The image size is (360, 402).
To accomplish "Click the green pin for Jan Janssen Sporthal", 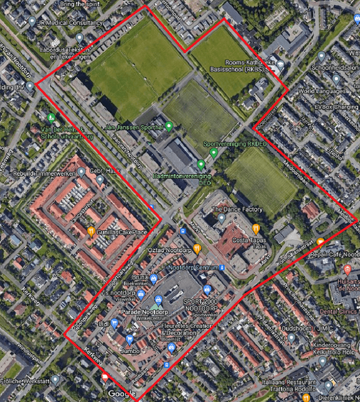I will [x=169, y=125].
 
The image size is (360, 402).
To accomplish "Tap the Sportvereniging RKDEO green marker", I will [x=213, y=152].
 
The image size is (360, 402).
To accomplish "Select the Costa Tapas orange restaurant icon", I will [x=256, y=228].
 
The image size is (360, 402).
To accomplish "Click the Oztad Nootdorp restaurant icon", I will [x=197, y=249].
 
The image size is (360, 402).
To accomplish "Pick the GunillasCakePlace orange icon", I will [x=91, y=232].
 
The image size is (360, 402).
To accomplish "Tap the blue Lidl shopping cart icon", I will [x=114, y=323].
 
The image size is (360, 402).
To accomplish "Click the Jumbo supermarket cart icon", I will [x=129, y=340].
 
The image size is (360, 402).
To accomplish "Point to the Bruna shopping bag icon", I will [x=154, y=277].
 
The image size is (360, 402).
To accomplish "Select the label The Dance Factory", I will [x=237, y=209].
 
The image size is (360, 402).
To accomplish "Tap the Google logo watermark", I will [x=122, y=394].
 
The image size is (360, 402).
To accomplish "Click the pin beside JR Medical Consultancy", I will [x=32, y=22].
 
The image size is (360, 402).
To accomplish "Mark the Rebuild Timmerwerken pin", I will [x=81, y=172].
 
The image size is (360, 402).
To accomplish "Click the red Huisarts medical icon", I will [x=347, y=268].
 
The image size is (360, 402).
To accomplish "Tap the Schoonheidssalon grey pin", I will [x=321, y=56].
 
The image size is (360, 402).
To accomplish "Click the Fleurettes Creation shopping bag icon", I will [x=172, y=348].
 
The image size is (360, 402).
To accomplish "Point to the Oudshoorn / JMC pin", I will [x=291, y=338].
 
